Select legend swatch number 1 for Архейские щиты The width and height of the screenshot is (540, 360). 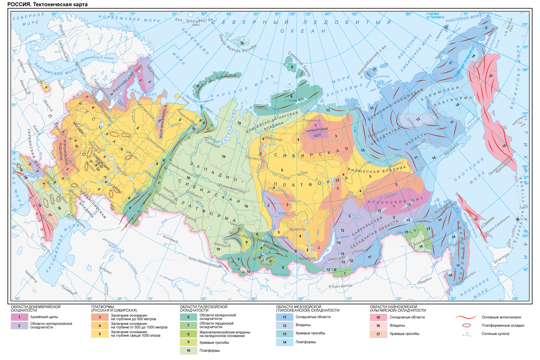[x=20, y=317]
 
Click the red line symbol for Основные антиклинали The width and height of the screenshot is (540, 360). [x=466, y=317]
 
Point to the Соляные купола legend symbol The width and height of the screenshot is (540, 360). [x=466, y=334]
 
